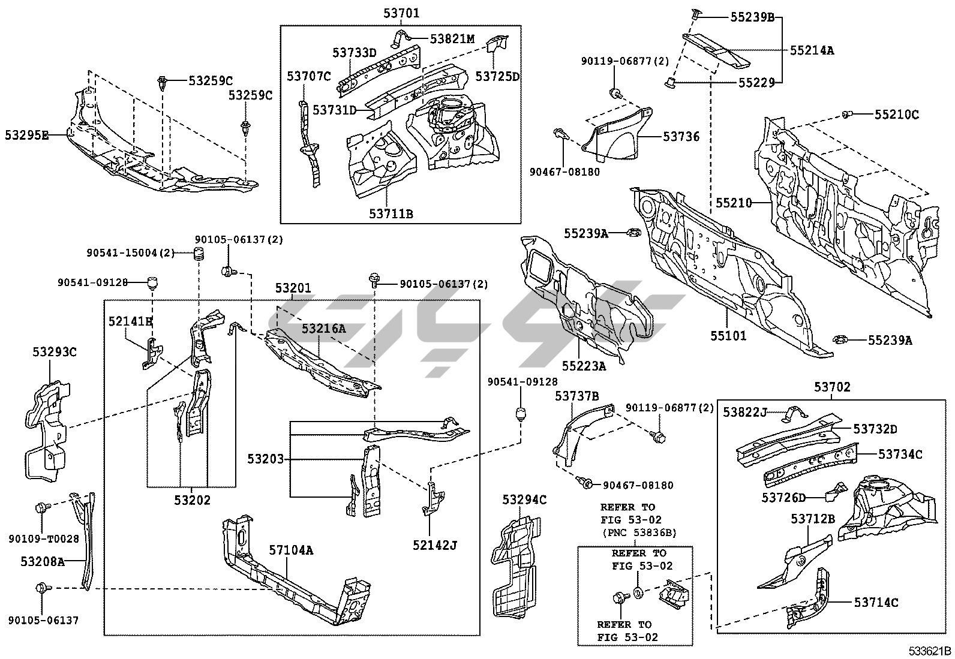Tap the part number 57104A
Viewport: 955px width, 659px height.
290,550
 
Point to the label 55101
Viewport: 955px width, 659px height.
728,336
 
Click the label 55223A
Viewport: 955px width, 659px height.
584,365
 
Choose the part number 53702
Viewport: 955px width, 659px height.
832,388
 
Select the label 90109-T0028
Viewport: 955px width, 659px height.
43,539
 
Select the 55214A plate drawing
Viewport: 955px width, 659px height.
717,48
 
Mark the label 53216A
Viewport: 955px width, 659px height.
323,329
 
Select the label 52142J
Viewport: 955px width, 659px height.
434,545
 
